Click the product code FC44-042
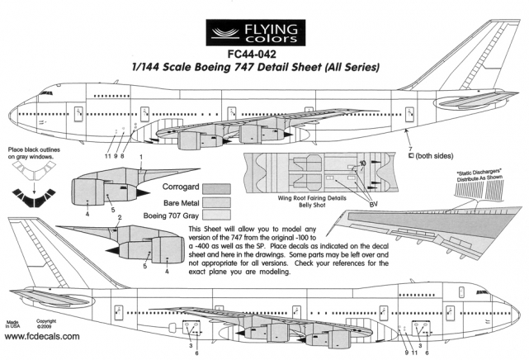(265, 55)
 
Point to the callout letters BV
(372, 203)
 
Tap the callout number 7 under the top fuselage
(410, 147)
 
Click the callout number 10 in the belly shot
(362, 164)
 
